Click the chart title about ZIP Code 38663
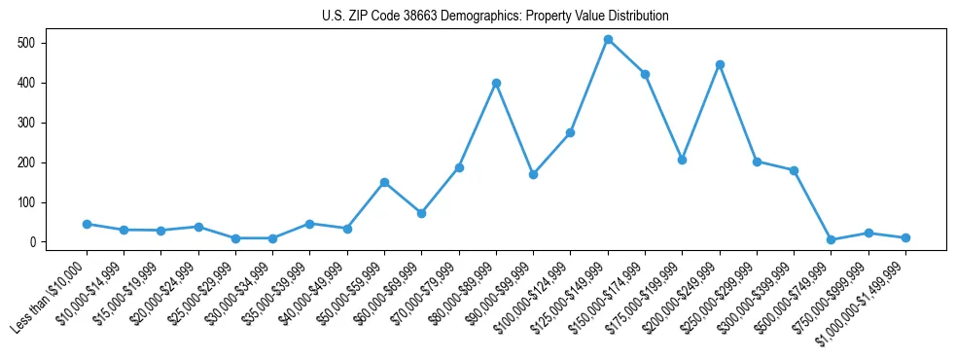click(495, 16)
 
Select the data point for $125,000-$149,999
click(608, 40)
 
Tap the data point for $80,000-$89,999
click(496, 83)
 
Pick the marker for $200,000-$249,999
click(720, 64)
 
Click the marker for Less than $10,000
click(87, 224)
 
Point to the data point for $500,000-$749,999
click(831, 239)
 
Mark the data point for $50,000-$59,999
click(384, 182)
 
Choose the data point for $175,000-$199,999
click(682, 160)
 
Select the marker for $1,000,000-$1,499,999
click(905, 237)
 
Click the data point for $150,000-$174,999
click(645, 74)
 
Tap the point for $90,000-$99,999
click(533, 174)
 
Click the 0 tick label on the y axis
click(33, 242)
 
